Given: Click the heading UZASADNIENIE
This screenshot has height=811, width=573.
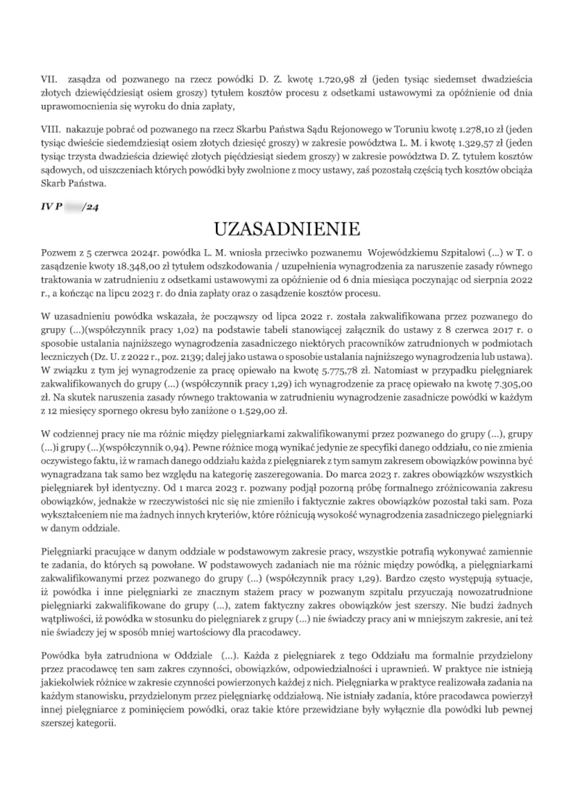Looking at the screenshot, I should pos(287,230).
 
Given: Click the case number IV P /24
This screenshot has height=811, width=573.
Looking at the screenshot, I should pos(70,206).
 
